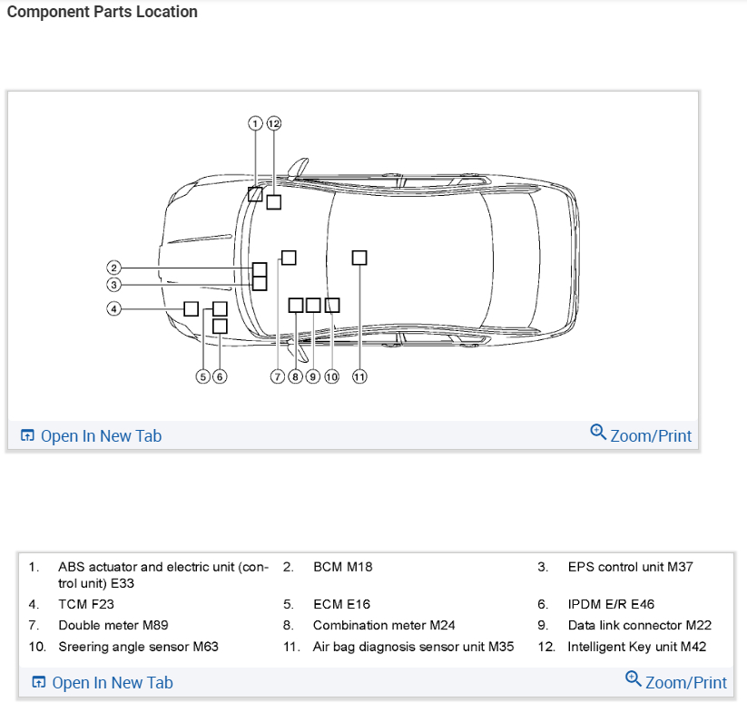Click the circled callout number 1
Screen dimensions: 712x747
256,123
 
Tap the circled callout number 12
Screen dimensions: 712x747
273,123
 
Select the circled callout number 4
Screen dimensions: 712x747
113,308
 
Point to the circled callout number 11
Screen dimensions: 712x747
359,376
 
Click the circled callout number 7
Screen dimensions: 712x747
279,376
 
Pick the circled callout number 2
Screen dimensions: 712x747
113,268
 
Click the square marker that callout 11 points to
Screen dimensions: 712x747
359,258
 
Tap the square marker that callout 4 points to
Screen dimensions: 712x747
191,308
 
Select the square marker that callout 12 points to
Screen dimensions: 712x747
273,202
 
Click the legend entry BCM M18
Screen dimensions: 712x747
342,567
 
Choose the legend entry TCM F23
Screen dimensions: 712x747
86,604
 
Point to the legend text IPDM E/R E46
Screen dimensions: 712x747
611,604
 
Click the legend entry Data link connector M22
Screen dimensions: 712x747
639,625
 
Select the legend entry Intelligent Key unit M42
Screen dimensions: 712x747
636,647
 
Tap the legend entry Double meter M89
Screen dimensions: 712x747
113,625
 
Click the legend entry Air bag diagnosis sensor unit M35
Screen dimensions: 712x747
413,647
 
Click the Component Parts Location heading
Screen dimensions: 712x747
102,12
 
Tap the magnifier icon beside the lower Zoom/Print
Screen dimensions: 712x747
634,678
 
